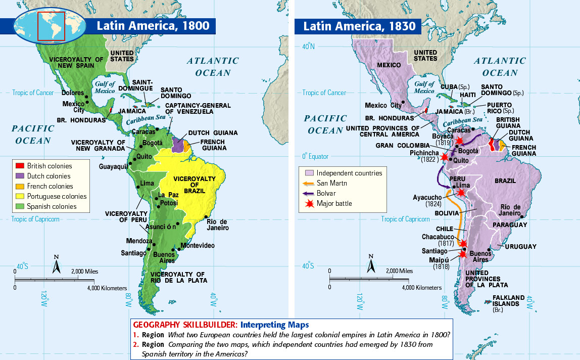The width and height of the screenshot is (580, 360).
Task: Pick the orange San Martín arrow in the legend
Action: (308, 183)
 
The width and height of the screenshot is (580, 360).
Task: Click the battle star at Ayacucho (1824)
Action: (460, 193)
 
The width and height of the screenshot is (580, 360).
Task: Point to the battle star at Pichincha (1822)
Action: (445, 157)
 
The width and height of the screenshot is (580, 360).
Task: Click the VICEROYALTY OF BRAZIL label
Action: (195, 186)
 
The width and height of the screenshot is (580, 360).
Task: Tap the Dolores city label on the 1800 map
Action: (72, 93)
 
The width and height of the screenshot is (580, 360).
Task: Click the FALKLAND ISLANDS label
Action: (506, 301)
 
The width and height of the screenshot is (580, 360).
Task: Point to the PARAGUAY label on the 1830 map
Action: (510, 224)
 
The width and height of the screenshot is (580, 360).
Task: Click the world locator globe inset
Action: (40, 26)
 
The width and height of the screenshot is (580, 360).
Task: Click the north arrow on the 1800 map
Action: (57, 263)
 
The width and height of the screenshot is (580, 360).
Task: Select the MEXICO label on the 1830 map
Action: (389, 65)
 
